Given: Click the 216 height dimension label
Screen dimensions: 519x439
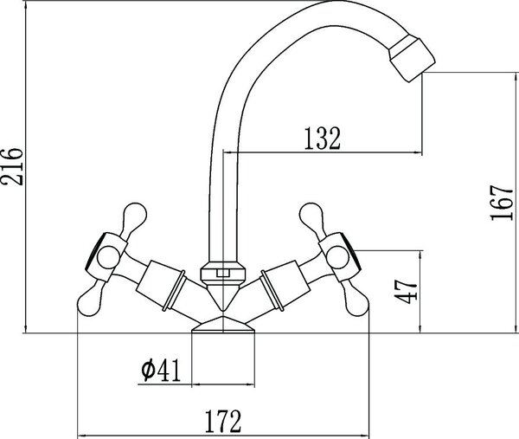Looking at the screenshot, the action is coord(12,166).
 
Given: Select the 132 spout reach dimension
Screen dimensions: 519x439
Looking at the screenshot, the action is coord(322,139).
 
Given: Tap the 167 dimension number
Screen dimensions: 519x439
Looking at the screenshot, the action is coord(502,203).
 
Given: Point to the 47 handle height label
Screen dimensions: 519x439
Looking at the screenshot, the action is coord(406,291).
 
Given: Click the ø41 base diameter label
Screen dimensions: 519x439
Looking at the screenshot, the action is coord(161,370).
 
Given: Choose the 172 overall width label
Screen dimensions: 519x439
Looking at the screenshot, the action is coord(223,421).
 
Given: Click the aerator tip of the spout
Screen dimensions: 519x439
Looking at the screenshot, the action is coord(412,60).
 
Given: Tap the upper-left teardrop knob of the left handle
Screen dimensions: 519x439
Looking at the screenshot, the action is coord(134,217).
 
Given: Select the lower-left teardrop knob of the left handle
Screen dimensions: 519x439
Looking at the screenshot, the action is coord(91,300).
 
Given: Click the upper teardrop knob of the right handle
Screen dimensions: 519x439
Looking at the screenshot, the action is coord(312,217).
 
